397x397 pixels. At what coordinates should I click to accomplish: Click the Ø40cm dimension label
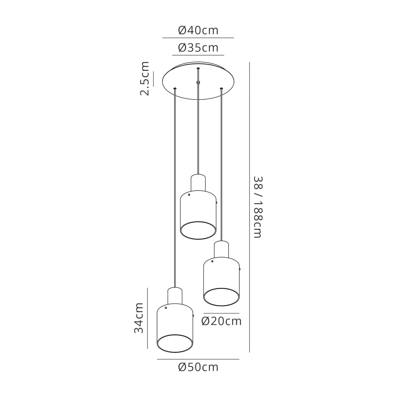pos(198,30)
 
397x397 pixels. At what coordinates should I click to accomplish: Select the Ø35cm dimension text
pos(198,48)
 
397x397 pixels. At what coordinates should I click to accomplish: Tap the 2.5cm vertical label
pos(145,78)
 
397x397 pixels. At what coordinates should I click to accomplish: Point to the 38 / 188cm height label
pos(258,207)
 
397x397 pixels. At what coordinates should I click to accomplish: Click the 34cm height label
pos(139,318)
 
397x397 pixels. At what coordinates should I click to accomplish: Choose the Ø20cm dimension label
pos(222,321)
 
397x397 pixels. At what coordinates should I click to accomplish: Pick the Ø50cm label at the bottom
pos(198,367)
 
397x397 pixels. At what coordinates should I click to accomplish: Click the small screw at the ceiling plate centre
pos(198,83)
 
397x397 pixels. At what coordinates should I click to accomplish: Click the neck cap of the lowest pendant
pos(175,296)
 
